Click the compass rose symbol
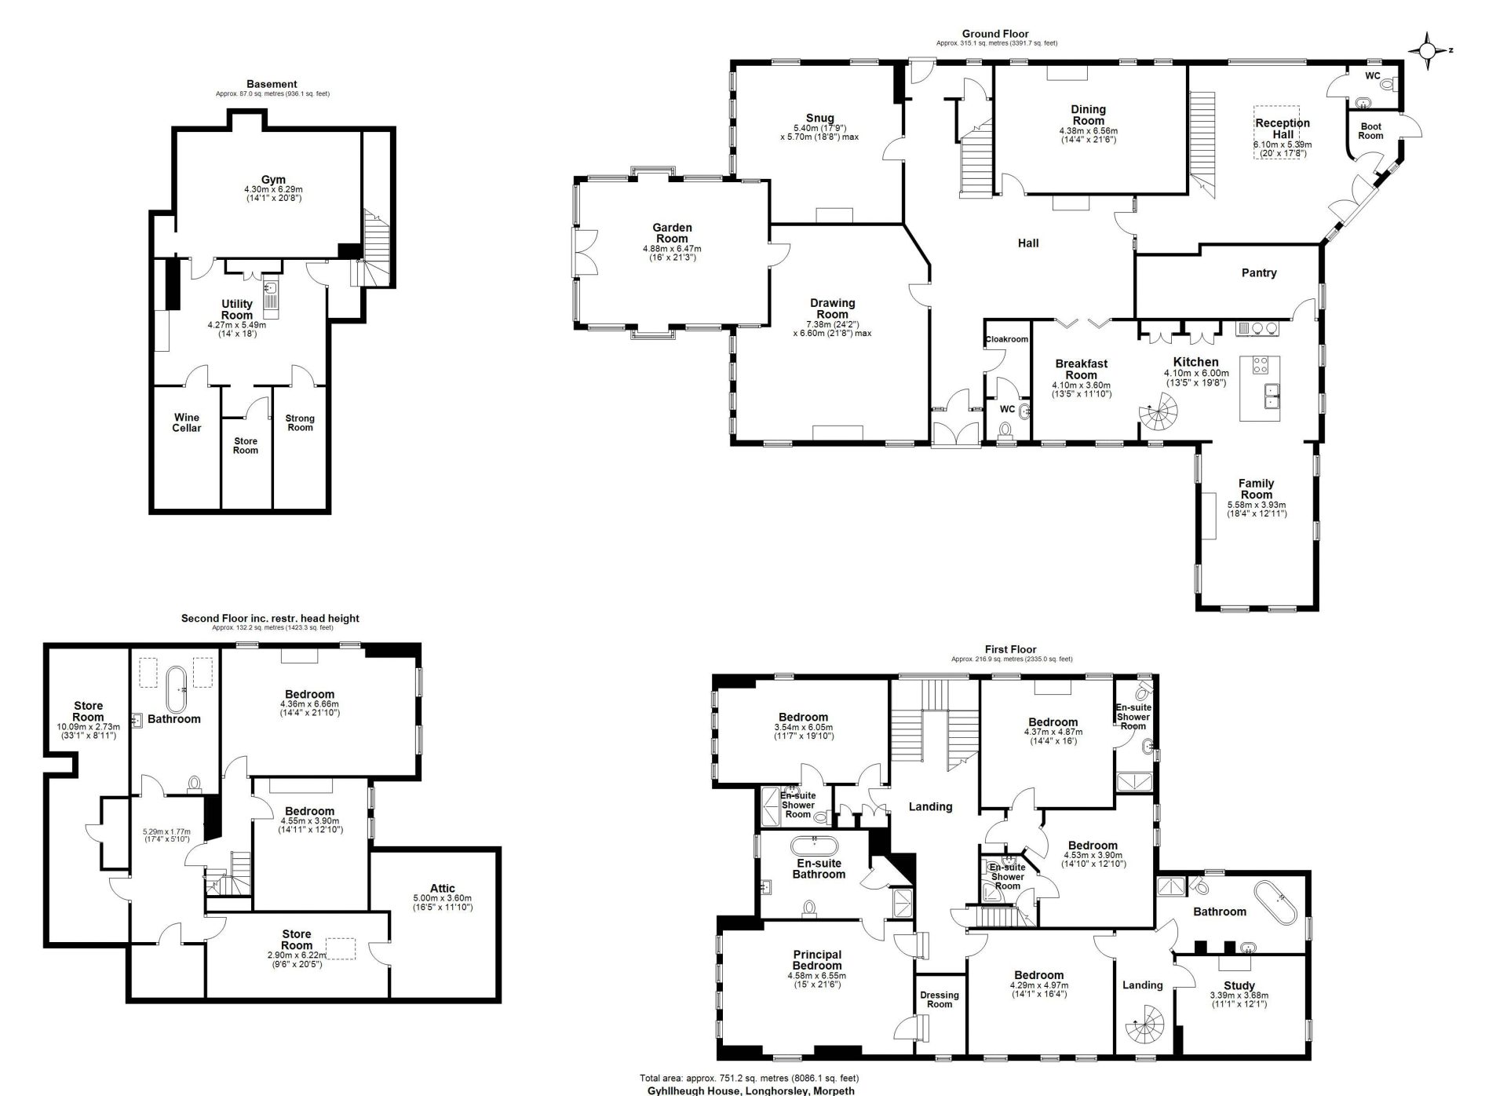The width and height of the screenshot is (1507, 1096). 1428,51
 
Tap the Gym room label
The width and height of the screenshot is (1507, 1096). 273,180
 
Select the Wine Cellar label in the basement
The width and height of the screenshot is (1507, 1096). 187,422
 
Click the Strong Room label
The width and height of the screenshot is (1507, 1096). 300,422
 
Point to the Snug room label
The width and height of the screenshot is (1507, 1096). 819,119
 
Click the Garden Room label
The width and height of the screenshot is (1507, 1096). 672,233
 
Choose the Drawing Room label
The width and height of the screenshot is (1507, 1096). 833,309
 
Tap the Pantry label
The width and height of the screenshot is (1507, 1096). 1259,273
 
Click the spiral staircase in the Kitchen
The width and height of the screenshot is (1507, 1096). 1159,412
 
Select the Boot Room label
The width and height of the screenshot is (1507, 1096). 1370,131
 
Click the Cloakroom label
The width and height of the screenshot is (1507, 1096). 1006,339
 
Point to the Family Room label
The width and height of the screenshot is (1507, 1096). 1256,489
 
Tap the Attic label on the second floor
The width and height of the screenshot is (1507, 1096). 442,888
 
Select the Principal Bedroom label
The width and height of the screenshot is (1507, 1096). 816,960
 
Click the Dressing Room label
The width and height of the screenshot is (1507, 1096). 940,999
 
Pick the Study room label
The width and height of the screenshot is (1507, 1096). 1239,985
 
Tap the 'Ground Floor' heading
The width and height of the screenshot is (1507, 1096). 995,34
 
